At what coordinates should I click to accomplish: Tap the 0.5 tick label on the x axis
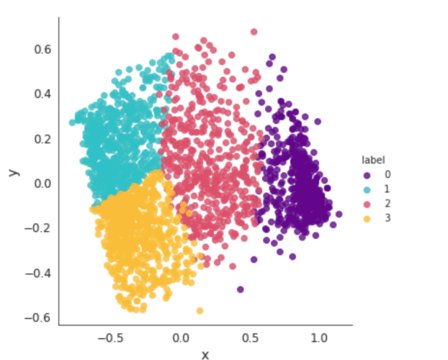[x=250, y=338]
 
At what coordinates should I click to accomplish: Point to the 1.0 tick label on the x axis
[x=319, y=338]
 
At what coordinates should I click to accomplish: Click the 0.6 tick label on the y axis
[x=40, y=49]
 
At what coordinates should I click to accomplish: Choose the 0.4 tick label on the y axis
[x=40, y=94]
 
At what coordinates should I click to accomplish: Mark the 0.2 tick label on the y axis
[x=40, y=138]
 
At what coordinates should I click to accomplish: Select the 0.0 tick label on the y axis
[x=40, y=183]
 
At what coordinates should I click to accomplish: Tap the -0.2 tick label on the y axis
[x=37, y=228]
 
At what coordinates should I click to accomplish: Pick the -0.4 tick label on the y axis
[x=37, y=273]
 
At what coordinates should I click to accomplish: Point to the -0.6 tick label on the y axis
[x=37, y=318]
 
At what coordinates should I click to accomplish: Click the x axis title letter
[x=205, y=354]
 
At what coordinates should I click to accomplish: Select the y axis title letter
[x=12, y=172]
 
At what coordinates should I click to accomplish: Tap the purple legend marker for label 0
[x=367, y=175]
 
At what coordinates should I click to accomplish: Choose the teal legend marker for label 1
[x=367, y=189]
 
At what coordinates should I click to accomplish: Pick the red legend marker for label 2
[x=367, y=204]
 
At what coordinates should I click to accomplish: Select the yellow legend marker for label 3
[x=367, y=218]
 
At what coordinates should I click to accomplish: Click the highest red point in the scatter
[x=254, y=32]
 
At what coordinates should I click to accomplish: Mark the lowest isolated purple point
[x=240, y=289]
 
